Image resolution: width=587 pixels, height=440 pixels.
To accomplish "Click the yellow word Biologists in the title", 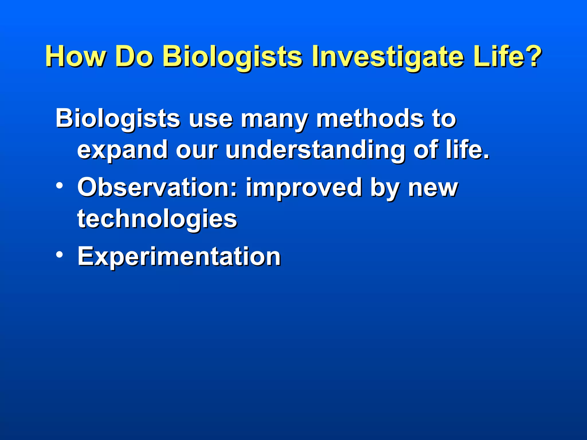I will coord(232,57).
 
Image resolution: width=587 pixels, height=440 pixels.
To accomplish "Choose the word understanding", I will coord(315,151).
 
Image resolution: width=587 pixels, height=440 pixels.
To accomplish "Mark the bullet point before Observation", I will coord(59,186).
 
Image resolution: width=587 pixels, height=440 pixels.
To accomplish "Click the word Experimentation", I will coord(179,257).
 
